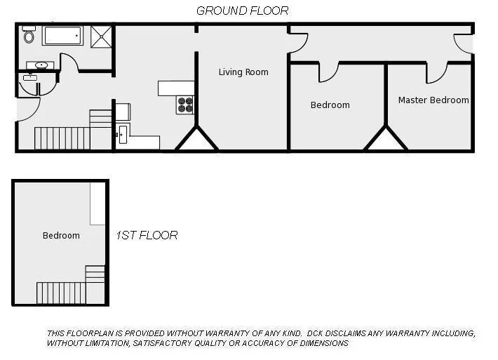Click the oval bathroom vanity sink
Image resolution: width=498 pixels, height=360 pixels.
[x=41, y=65]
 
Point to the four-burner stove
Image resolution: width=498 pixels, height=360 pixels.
[x=185, y=105]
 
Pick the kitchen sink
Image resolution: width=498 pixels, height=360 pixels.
[x=123, y=133]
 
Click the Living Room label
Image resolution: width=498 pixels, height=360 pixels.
[x=243, y=72]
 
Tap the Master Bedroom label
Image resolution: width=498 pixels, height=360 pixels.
[x=433, y=100]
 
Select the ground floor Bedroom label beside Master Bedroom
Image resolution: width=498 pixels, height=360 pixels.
[x=330, y=105]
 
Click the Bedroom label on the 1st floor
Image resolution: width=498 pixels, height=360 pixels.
[x=61, y=235]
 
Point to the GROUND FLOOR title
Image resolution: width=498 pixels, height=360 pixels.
[x=242, y=11]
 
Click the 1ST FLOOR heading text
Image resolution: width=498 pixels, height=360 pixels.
[x=147, y=235]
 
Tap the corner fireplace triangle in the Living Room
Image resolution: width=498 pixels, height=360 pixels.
[x=196, y=140]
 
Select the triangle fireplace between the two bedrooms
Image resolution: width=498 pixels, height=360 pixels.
[x=385, y=140]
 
